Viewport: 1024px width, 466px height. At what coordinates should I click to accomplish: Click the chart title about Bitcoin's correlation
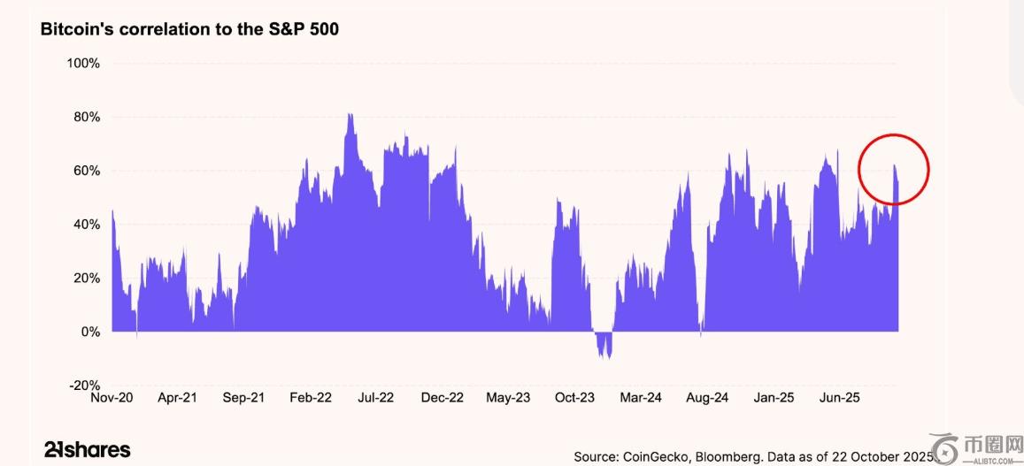[189, 29]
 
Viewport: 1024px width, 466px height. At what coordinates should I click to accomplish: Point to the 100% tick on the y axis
[83, 64]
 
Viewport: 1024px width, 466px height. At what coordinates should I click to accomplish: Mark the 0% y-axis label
[89, 332]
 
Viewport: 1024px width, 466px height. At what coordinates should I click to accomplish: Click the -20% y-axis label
[84, 386]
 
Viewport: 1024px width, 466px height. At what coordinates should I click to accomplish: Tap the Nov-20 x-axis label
[112, 398]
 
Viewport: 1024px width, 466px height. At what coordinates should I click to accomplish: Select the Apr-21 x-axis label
[177, 398]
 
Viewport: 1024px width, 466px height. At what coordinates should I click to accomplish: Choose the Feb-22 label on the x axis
[311, 398]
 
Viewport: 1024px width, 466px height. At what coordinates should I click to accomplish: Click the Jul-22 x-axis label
[375, 398]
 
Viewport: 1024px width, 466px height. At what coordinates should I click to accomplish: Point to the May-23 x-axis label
[508, 398]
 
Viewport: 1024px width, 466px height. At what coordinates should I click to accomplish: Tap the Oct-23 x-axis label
[574, 398]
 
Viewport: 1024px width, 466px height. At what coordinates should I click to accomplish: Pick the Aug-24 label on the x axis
[707, 398]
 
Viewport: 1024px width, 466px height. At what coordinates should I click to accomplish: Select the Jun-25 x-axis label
[840, 398]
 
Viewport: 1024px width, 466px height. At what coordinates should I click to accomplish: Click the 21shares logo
[87, 449]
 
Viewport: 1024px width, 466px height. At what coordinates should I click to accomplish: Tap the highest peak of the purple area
[350, 117]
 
